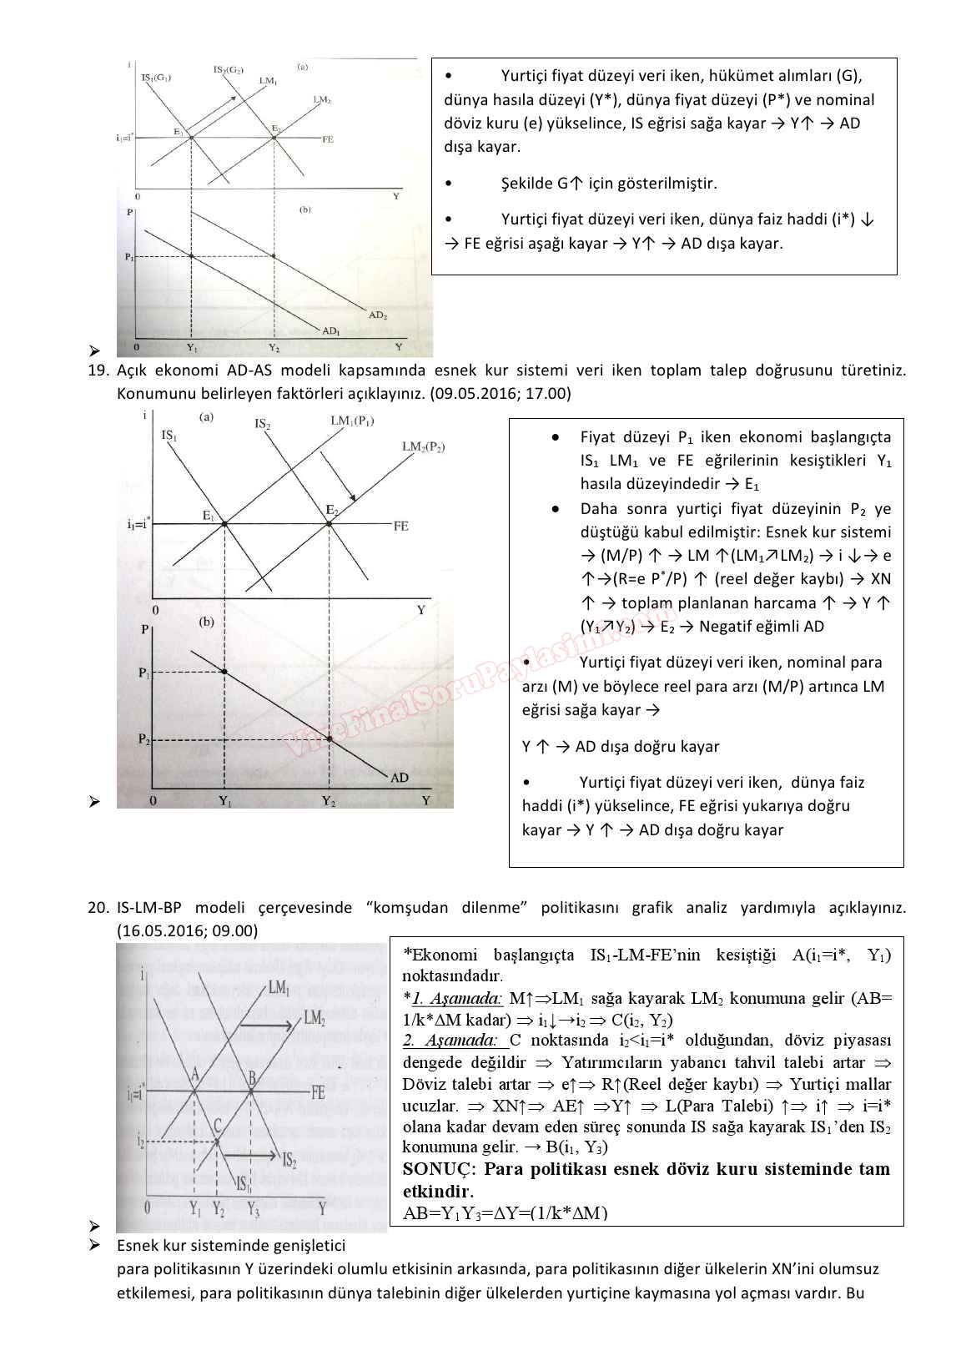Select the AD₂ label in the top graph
[378, 315]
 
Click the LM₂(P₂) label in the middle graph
[423, 447]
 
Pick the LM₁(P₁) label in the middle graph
[351, 421]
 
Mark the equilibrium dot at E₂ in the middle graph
[330, 524]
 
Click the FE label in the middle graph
[400, 526]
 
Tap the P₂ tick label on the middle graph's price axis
[143, 739]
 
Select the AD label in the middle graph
[400, 778]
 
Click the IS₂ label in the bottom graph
[289, 1160]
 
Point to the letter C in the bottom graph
[217, 1127]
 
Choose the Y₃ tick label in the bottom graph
[252, 1207]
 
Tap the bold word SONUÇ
[434, 1169]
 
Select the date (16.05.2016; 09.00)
[188, 930]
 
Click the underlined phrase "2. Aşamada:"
[450, 1041]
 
